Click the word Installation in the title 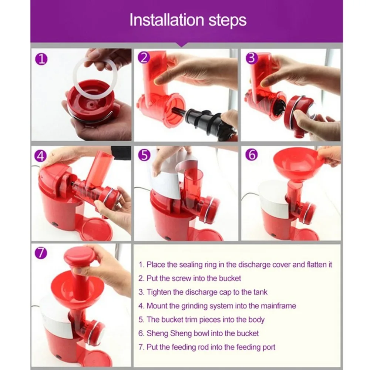point(166,20)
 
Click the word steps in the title point(228,21)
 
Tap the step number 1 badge point(41,59)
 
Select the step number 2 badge point(144,58)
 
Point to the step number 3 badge point(252,58)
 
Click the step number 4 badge point(41,156)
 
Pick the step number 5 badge point(144,155)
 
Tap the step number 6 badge point(252,155)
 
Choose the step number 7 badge point(41,253)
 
